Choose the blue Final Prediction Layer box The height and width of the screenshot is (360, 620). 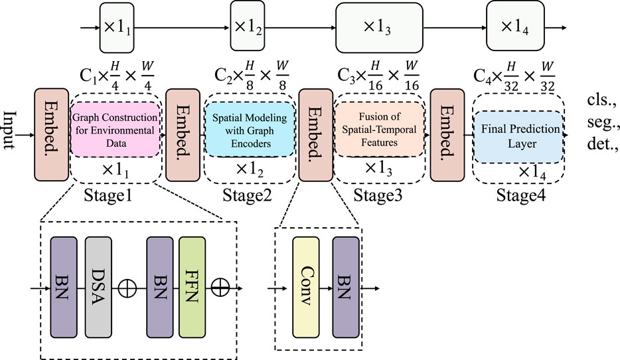pos(517,135)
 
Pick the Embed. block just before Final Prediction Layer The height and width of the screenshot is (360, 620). pos(447,136)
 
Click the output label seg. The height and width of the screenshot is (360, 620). pos(601,124)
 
